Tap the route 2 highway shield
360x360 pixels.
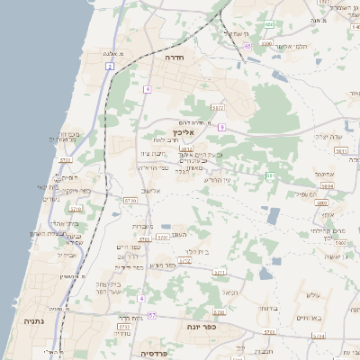click(x=110, y=67)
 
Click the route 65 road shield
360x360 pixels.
click(x=247, y=44)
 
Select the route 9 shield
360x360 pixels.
click(x=220, y=128)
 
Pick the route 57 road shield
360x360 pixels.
click(x=152, y=315)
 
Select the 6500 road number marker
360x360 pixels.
click(x=265, y=42)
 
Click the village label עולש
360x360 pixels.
click(x=313, y=295)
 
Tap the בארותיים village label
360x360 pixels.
click(x=308, y=318)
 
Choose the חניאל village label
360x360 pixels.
click(x=229, y=292)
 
